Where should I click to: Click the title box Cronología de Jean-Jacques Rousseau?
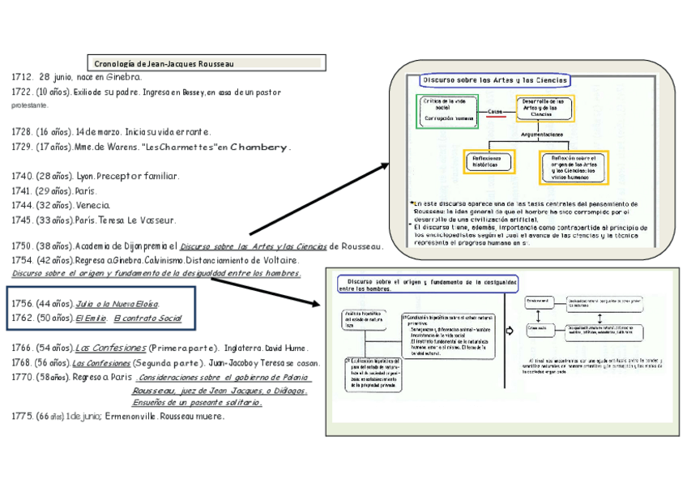[x=206, y=63]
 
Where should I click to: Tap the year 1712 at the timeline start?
[x=22, y=77]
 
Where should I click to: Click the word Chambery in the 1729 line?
[x=259, y=148]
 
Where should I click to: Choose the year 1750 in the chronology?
[x=22, y=246]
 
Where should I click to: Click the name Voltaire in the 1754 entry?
[x=276, y=261]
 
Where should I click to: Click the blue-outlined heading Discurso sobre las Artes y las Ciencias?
[x=494, y=80]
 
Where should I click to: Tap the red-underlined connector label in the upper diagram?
[x=496, y=113]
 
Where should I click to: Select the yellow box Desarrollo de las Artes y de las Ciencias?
[x=544, y=108]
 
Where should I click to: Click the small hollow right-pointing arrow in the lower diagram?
[x=510, y=331]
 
